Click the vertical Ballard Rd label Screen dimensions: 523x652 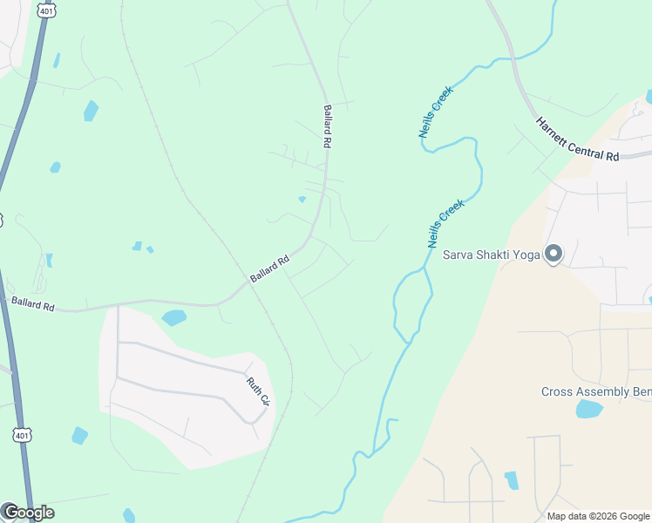[x=328, y=126]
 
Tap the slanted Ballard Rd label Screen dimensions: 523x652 [x=269, y=268]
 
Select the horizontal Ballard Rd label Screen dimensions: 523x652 [x=32, y=303]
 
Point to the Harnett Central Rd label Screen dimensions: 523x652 [x=576, y=139]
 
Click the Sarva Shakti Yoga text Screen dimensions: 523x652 [x=491, y=255]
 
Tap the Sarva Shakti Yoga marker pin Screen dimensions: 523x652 [x=553, y=254]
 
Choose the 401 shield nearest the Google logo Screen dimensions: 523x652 [x=23, y=433]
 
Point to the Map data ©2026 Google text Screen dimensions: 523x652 [x=597, y=516]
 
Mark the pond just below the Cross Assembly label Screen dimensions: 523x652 [x=589, y=409]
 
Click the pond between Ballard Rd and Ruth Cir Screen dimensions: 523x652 [x=173, y=317]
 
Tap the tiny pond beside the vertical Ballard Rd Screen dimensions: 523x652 [x=302, y=199]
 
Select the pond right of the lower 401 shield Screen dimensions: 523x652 [x=79, y=435]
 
